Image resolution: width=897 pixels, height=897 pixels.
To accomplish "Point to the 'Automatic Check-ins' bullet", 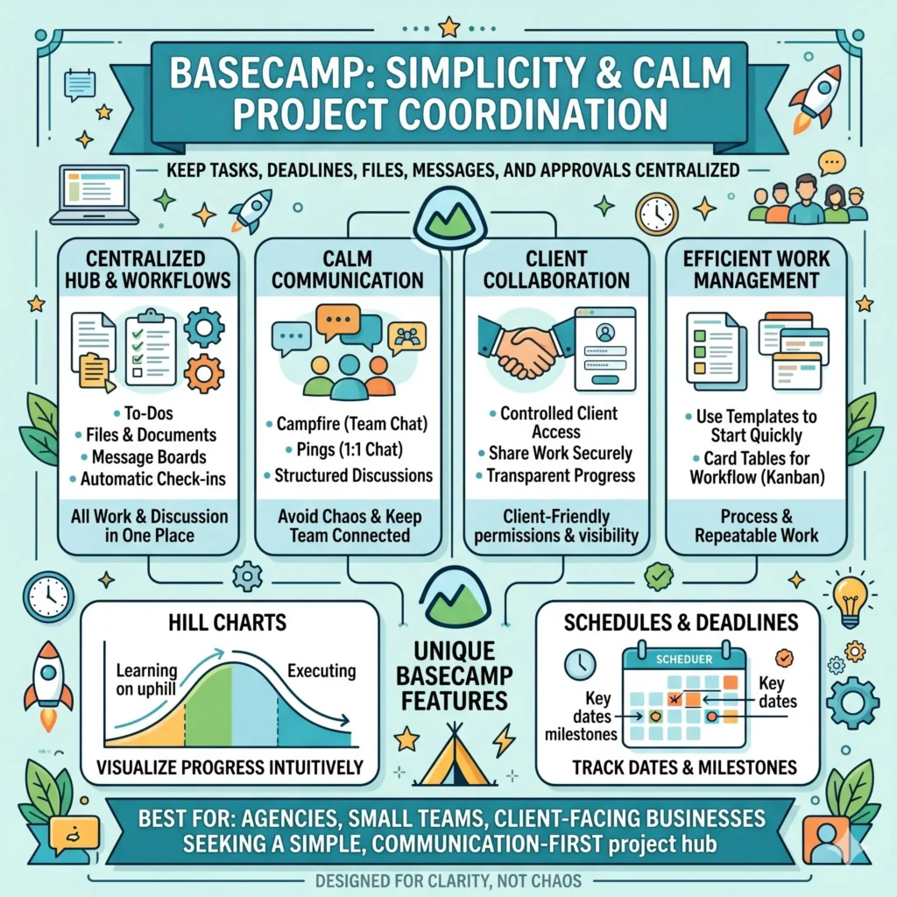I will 147,479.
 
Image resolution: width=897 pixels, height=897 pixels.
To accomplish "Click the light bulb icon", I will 850,600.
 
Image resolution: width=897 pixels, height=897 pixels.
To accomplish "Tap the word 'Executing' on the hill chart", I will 321,671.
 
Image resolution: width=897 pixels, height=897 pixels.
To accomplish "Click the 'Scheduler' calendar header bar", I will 683,659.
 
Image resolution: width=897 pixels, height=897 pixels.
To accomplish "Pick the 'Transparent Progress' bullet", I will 556,477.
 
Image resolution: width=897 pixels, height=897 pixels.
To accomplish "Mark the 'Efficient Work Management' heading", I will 756,270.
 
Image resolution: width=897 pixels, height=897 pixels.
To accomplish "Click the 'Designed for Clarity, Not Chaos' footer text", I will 448,879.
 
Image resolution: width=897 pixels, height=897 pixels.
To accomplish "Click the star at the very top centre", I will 448,26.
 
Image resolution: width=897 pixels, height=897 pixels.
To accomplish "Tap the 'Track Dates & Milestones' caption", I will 684,767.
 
